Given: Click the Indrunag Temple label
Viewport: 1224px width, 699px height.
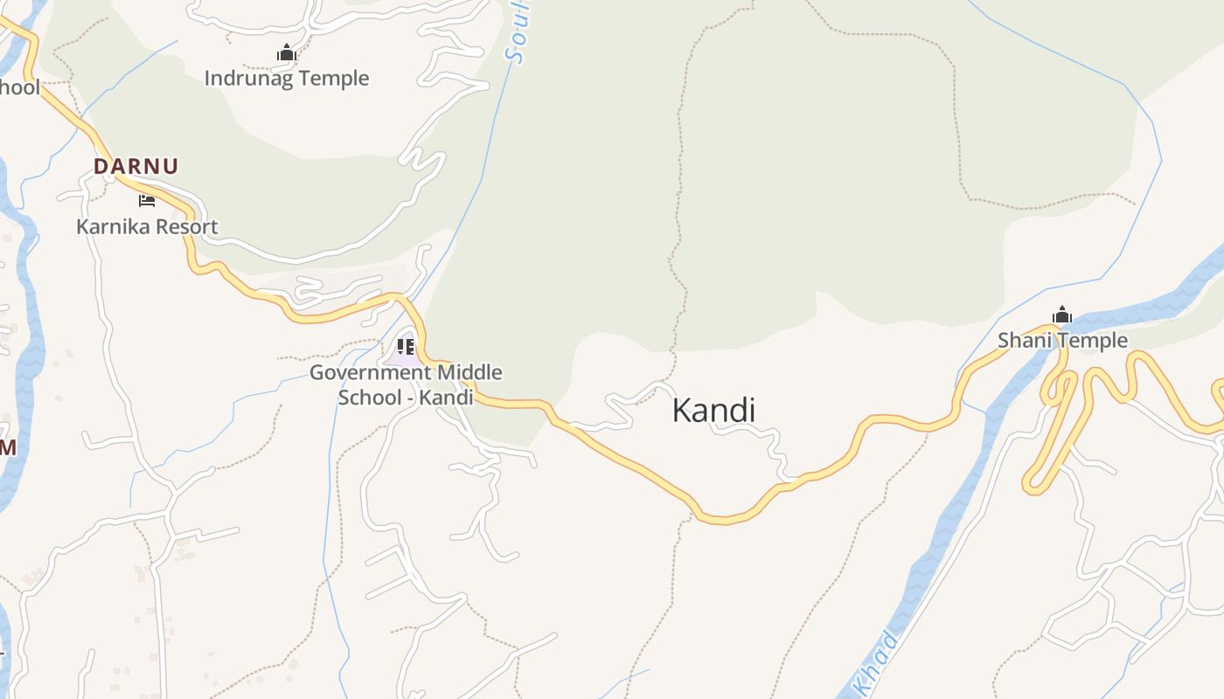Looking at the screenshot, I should click(x=287, y=79).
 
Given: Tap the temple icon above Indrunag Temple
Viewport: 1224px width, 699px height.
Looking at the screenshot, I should click(x=286, y=53).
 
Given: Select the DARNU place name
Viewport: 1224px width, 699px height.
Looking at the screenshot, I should click(x=136, y=166).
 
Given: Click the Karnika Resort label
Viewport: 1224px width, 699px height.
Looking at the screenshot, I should click(x=147, y=227).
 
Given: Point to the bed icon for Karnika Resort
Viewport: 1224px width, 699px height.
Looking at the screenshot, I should click(x=147, y=201).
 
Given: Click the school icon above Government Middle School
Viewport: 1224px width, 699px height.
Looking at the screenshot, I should click(x=405, y=347).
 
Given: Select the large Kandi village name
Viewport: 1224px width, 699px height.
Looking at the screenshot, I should click(x=713, y=410).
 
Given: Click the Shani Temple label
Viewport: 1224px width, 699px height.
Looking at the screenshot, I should click(x=1063, y=341).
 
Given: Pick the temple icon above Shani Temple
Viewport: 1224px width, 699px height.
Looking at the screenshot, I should click(x=1062, y=315).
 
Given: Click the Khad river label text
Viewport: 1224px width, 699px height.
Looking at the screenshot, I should click(x=875, y=660).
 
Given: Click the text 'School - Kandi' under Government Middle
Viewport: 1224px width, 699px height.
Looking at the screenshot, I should click(x=406, y=398).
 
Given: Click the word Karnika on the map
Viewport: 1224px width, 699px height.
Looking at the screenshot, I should click(x=110, y=227).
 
